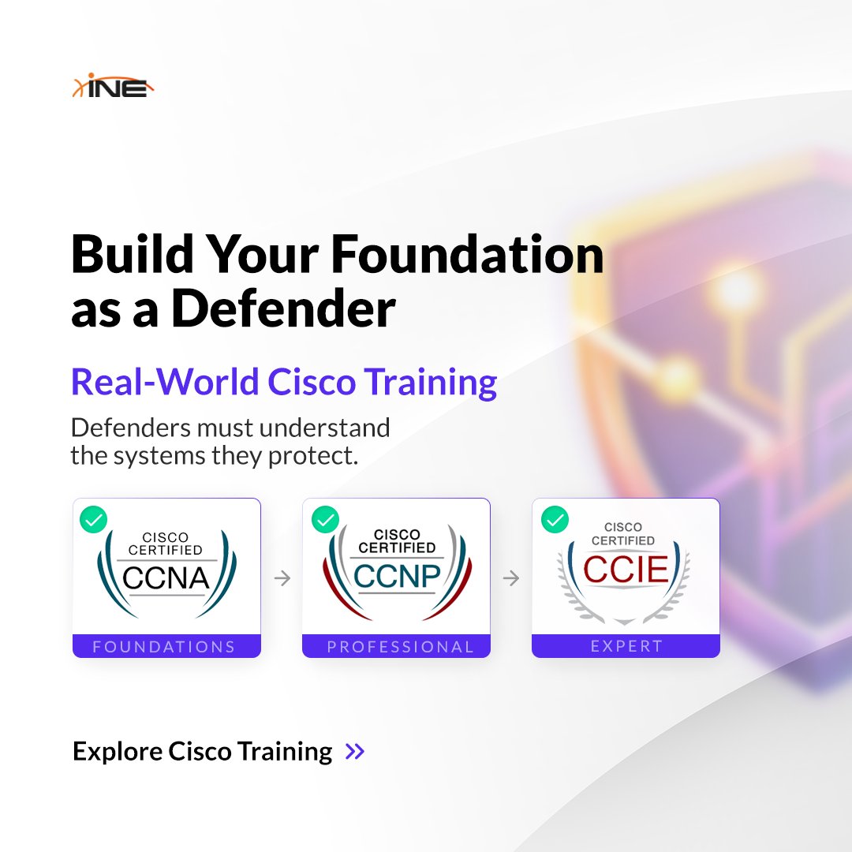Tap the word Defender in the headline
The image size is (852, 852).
pyautogui.click(x=284, y=309)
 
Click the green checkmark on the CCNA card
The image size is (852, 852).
pyautogui.click(x=94, y=519)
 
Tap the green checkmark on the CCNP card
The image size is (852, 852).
pyautogui.click(x=324, y=519)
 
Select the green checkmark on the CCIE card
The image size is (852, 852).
pyautogui.click(x=555, y=519)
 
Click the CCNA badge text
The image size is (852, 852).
pyautogui.click(x=166, y=578)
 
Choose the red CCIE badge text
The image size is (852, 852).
pyautogui.click(x=626, y=570)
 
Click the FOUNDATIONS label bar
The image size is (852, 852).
pyautogui.click(x=166, y=647)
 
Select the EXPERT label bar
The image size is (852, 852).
pyautogui.click(x=626, y=646)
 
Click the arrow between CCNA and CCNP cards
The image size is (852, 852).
pyautogui.click(x=282, y=579)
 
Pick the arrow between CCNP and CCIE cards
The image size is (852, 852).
pyautogui.click(x=511, y=579)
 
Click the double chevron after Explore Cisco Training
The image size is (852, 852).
pyautogui.click(x=355, y=751)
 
